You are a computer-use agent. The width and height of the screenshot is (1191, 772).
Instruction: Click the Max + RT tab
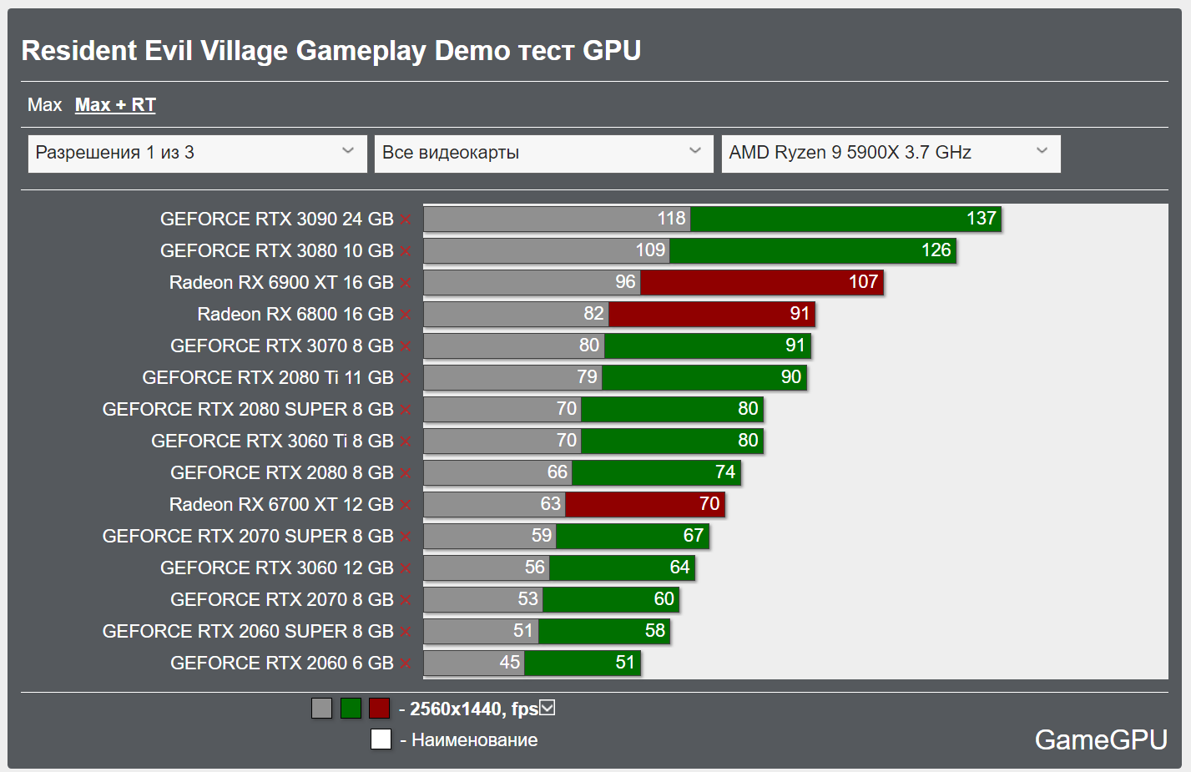pyautogui.click(x=115, y=105)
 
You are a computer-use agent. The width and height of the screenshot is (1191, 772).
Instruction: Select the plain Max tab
pyautogui.click(x=44, y=105)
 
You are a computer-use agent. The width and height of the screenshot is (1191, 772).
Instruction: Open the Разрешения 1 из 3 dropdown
pyautogui.click(x=197, y=154)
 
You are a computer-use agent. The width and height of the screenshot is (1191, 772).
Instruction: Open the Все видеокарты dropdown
pyautogui.click(x=543, y=154)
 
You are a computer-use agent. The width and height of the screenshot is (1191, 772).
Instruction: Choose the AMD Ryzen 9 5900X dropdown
pyautogui.click(x=891, y=154)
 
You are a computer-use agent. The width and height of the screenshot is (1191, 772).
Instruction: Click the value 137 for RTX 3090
pyautogui.click(x=982, y=219)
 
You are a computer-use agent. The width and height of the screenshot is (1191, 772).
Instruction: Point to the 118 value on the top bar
pyautogui.click(x=671, y=219)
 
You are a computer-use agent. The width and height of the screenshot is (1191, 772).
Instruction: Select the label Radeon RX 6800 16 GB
pyautogui.click(x=295, y=315)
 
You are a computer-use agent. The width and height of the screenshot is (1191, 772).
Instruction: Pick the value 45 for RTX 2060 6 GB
pyautogui.click(x=510, y=663)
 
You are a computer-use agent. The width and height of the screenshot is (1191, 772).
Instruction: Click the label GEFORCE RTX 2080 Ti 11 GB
pyautogui.click(x=267, y=378)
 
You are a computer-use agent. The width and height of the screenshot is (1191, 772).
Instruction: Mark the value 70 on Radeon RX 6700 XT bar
pyautogui.click(x=709, y=504)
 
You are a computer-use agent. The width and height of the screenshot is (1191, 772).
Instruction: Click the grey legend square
pyautogui.click(x=321, y=709)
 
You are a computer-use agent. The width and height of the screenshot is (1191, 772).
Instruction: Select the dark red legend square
pyautogui.click(x=380, y=709)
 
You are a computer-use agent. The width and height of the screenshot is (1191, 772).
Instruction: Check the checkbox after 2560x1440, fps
pyautogui.click(x=548, y=709)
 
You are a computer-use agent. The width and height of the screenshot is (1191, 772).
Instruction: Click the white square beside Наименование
pyautogui.click(x=381, y=739)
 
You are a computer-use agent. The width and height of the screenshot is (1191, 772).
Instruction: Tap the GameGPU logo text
pyautogui.click(x=1100, y=739)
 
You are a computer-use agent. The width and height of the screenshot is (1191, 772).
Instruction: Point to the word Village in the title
pyautogui.click(x=247, y=51)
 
